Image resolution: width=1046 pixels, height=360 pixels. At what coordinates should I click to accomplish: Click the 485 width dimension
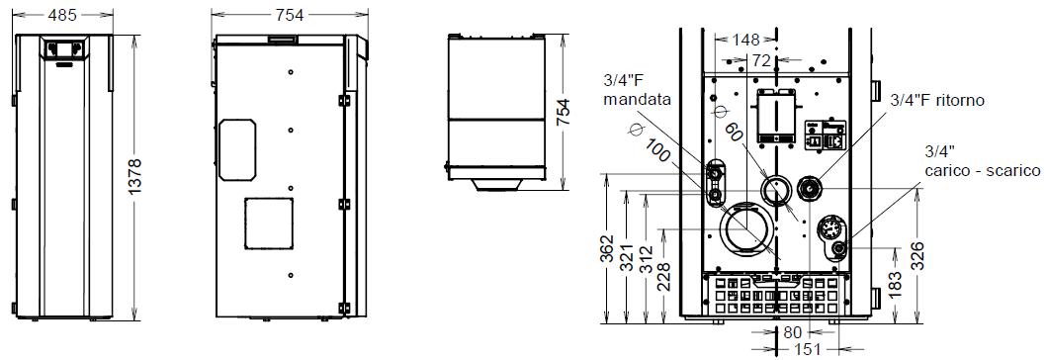point(63,14)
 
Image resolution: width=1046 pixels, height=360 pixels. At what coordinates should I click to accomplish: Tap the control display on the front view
point(63,48)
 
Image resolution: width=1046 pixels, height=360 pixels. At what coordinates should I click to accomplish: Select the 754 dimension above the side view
point(290,14)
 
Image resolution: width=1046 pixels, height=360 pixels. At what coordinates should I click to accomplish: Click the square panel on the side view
point(269,224)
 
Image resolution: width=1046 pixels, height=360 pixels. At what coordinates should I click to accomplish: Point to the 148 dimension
point(745,40)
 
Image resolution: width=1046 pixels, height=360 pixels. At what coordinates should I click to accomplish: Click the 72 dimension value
point(762,60)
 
